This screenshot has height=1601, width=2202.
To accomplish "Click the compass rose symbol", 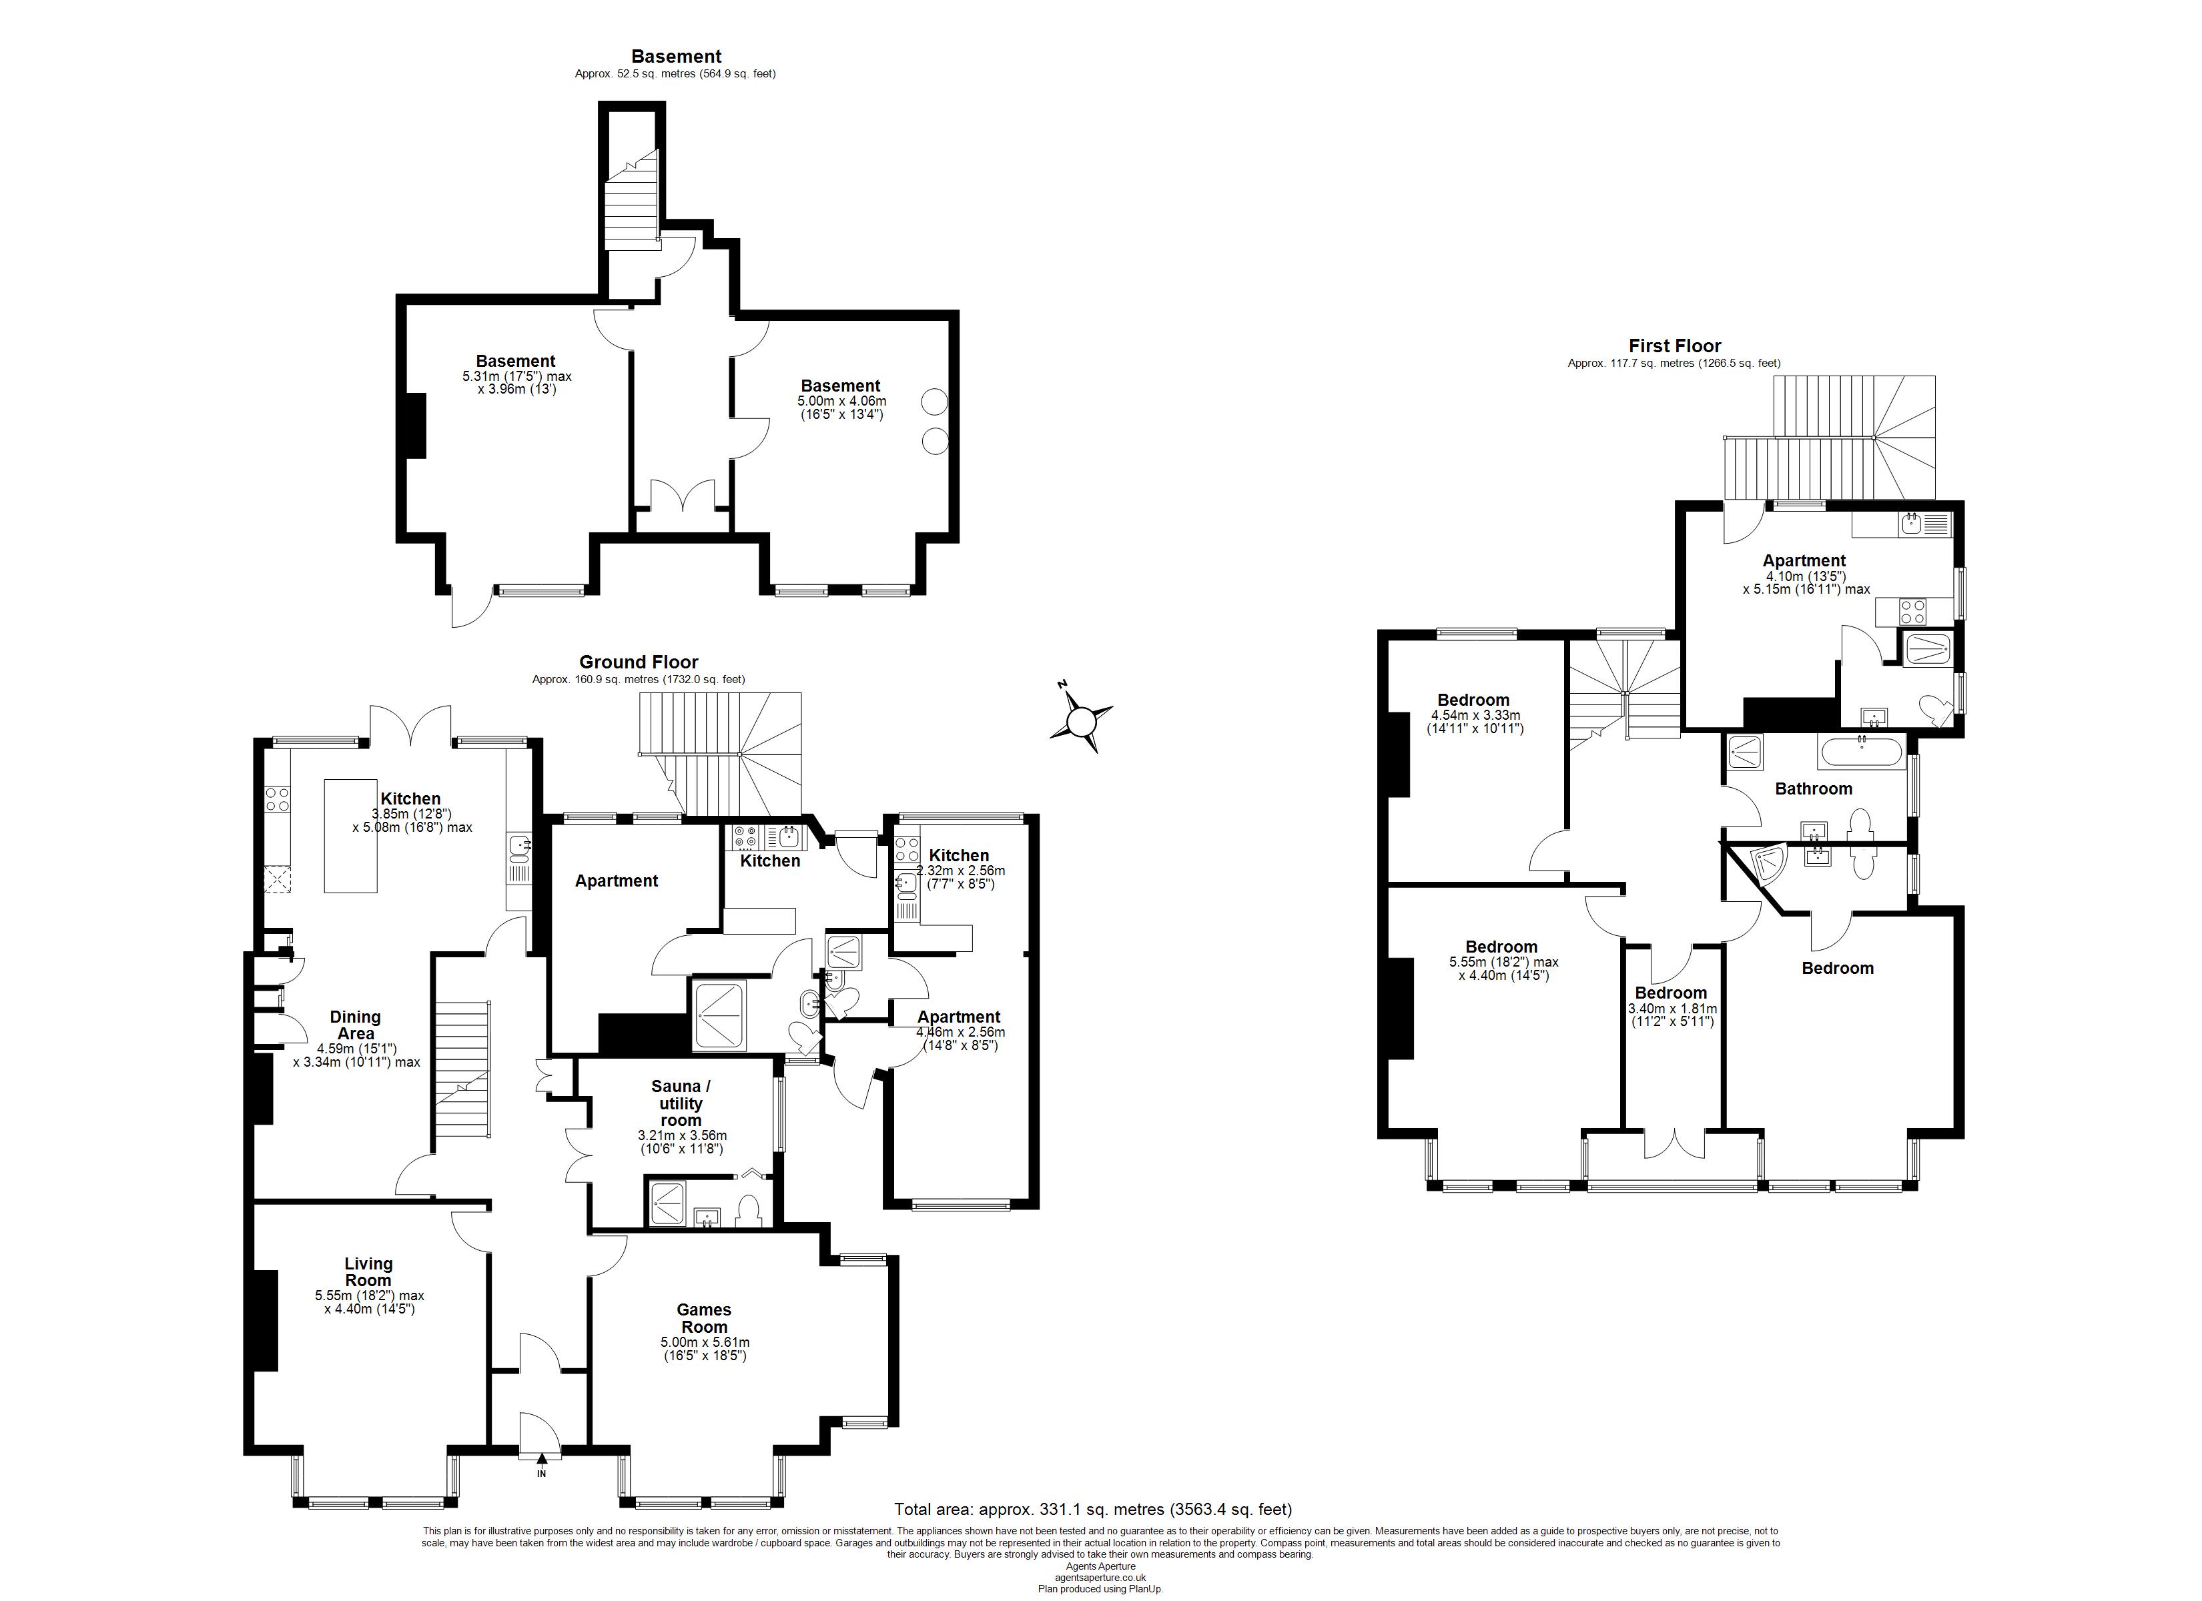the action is pos(1080,719).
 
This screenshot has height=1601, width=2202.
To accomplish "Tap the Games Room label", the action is pos(704,1318).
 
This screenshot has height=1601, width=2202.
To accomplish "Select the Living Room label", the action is pos(369,1272).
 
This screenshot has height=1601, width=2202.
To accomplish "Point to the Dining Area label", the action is pos(356,1025).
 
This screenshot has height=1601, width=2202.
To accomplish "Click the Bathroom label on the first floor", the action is pos(1814,789).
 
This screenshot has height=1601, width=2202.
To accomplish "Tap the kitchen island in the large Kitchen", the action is pos(350,835).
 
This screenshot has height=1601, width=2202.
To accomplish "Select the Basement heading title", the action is pos(676,56).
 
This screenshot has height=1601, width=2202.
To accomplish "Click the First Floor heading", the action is pos(1675,346).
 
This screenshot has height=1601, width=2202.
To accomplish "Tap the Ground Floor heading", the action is pos(639,662).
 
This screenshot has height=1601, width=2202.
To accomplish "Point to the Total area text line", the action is pos(1093,1510).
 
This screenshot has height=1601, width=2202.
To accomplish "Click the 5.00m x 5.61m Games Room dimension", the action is pos(704,1349).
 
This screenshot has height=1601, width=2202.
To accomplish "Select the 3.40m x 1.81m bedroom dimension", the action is pos(1671,1015).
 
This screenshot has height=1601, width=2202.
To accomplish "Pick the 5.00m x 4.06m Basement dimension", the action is pos(842,408).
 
